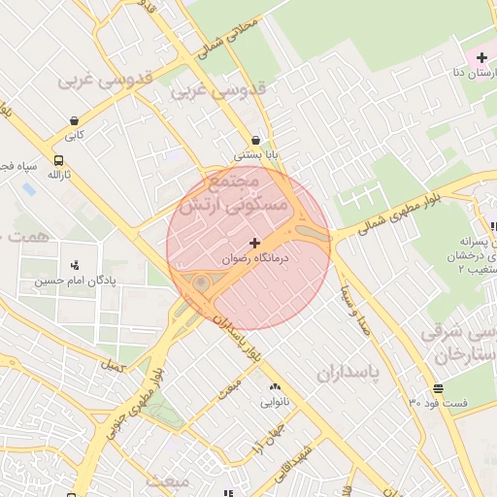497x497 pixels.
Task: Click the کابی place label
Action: pos(75,135)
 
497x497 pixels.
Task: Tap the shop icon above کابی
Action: pos(74,120)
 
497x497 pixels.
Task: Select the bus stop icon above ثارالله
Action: pos(59,160)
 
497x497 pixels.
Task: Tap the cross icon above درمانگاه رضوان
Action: pos(254,243)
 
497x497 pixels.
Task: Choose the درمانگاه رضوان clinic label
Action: pos(253,259)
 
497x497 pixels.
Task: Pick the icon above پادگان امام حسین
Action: pos(75,264)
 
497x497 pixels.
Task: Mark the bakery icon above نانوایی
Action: pos(275,385)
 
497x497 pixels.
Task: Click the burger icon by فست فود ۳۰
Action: pos(440,388)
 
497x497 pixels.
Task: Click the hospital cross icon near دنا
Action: pos(481,58)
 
